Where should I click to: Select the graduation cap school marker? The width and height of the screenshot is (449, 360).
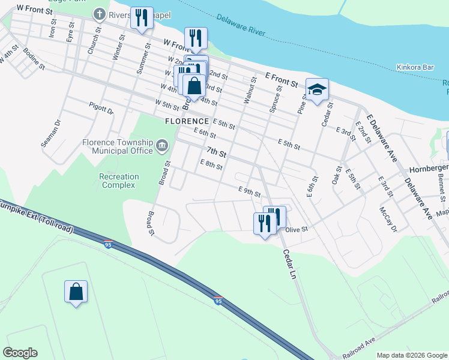point(318,90)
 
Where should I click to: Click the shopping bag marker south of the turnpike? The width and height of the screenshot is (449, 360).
point(76,292)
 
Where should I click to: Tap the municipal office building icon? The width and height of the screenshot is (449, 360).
point(161,146)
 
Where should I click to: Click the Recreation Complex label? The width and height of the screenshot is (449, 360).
point(119,181)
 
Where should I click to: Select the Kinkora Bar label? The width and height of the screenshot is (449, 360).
point(415,67)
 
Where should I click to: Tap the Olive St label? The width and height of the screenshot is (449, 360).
point(297,229)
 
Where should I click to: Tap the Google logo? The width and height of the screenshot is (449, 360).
point(20,353)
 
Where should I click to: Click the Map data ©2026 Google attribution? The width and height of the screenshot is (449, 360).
point(411,355)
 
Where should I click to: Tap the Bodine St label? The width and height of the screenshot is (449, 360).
point(34,58)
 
